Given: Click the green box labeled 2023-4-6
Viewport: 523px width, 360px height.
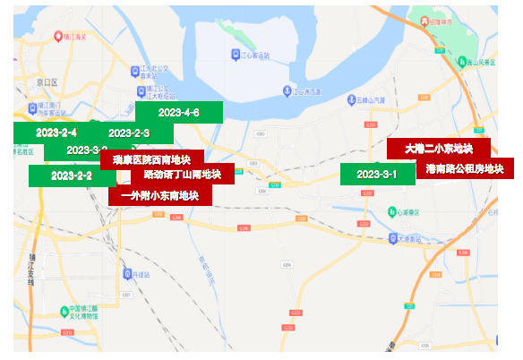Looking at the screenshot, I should click(178, 113).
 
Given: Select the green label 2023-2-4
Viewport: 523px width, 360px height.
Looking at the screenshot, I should click(56, 133).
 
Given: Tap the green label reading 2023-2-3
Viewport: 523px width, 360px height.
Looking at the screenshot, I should click(128, 133).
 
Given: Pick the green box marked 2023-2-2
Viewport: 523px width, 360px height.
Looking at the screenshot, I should click(72, 176).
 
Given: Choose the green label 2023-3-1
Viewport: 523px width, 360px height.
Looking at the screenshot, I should click(377, 174).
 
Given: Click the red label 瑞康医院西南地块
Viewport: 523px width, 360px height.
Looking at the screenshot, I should click(151, 159).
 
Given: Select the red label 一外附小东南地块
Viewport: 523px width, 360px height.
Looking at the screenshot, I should click(159, 195).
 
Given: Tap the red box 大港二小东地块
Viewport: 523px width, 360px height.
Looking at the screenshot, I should click(438, 149).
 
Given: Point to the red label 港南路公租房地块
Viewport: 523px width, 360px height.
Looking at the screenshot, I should click(464, 168).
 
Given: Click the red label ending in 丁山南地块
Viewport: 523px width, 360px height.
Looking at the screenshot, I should click(183, 174).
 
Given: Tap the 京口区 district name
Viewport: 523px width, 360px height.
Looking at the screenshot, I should click(46, 81).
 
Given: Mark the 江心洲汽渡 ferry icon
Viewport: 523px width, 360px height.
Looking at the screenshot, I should click(288, 90).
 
